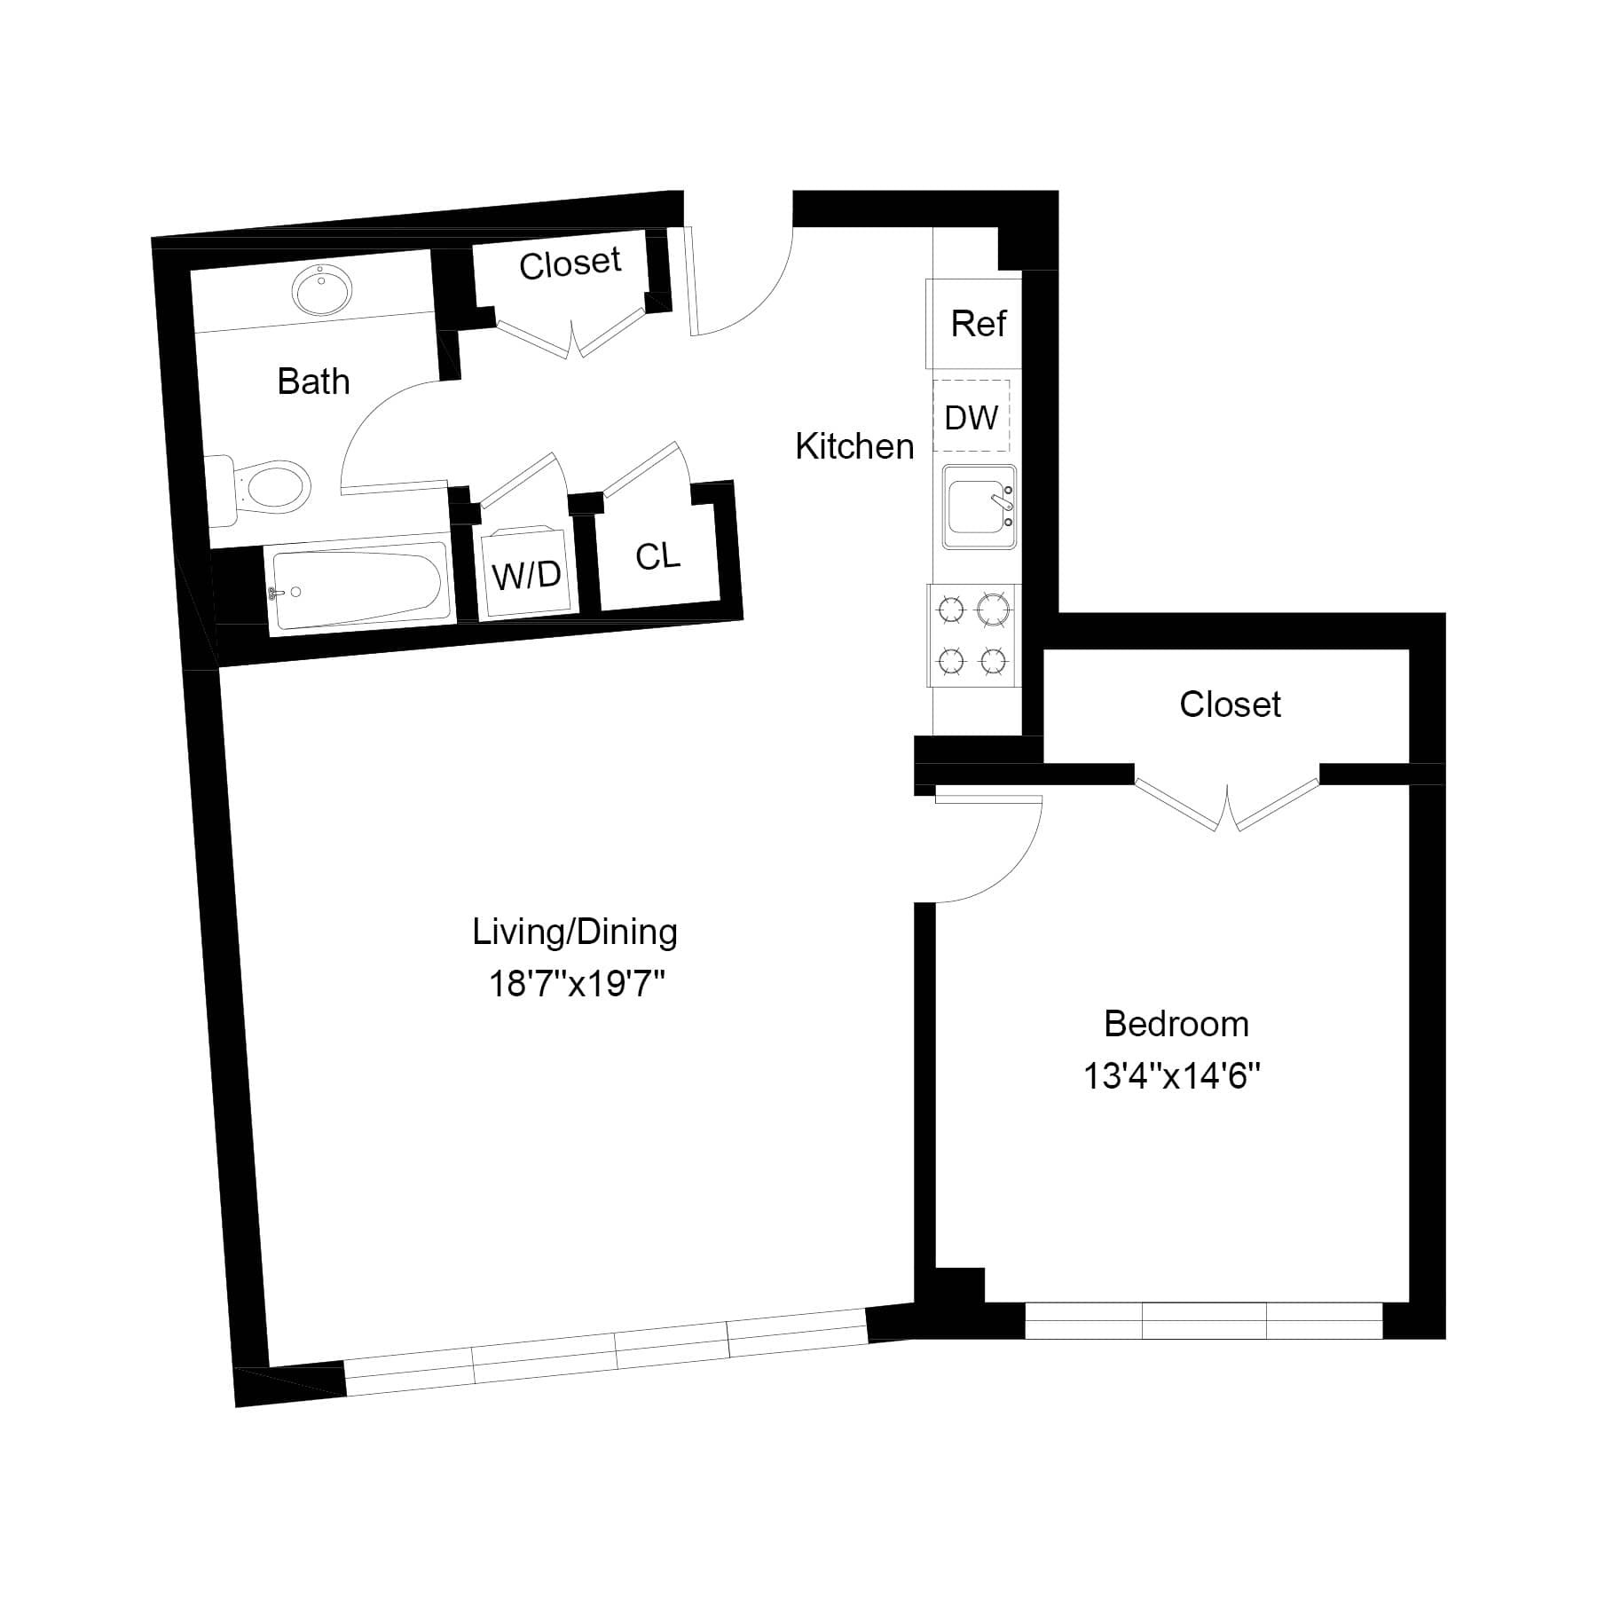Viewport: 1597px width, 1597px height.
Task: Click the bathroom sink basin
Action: point(322,289)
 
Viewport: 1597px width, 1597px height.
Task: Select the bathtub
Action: point(357,584)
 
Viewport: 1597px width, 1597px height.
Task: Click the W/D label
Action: point(526,575)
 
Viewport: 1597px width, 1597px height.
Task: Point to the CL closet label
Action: point(657,556)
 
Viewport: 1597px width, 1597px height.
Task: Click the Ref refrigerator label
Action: point(978,324)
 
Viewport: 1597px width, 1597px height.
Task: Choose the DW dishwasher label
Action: point(971,417)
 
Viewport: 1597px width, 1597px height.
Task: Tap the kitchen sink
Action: point(978,507)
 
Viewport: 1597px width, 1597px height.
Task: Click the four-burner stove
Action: point(972,634)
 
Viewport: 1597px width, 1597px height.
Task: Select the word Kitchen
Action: point(854,446)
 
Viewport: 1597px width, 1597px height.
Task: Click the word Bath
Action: point(313,382)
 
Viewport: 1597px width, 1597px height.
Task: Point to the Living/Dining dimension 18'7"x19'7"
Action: point(577,984)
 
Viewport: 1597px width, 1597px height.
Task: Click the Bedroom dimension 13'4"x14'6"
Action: point(1172,1076)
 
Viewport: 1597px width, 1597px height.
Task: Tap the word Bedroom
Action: point(1176,1024)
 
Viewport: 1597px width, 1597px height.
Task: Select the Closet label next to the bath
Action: point(570,264)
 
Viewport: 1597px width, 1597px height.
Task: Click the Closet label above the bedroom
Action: point(1230,704)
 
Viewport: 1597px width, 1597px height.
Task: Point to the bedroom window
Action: point(1203,1320)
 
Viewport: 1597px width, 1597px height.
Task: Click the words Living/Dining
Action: point(575,932)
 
